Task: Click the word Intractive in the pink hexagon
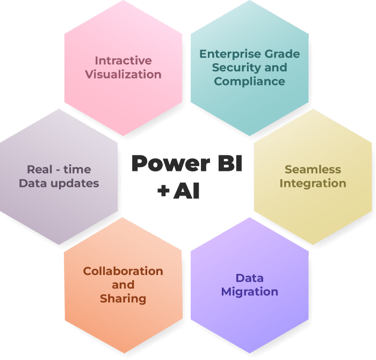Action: [x=123, y=60]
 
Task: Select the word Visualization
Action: [x=123, y=74]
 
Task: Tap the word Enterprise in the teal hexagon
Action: [x=227, y=54]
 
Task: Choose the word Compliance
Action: [x=250, y=82]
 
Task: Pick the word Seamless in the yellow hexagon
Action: [x=313, y=169]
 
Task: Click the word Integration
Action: [x=313, y=184]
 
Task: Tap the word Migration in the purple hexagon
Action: [x=250, y=292]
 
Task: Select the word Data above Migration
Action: [x=250, y=278]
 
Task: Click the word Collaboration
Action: [x=123, y=271]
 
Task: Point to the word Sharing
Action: [x=123, y=299]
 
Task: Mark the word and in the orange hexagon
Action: [x=123, y=285]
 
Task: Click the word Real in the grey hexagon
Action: [x=39, y=169]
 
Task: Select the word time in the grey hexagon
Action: [x=77, y=169]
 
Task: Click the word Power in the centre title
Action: [x=171, y=164]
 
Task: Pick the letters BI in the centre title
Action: [x=230, y=163]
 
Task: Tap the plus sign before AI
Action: [x=163, y=191]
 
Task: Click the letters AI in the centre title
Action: [x=186, y=191]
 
